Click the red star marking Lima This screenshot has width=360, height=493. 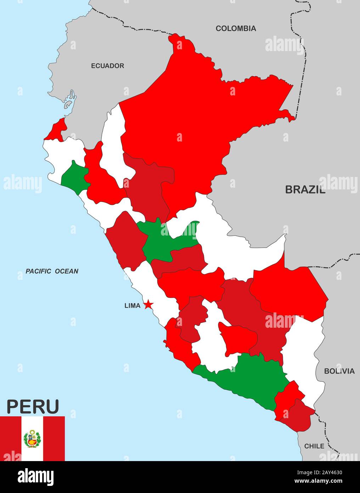(148, 305)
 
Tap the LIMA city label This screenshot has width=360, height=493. (132, 305)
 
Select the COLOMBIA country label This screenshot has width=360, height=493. (236, 28)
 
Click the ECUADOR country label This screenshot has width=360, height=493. (107, 66)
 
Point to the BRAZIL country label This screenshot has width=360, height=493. (305, 190)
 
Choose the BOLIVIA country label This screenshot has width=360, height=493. (339, 371)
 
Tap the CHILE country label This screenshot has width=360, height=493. (314, 446)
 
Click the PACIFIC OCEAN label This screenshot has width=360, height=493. (52, 271)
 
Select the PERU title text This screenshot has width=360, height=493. (33, 406)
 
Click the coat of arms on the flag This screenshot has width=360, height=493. (32, 439)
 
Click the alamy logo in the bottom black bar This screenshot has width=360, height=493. (35, 477)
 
